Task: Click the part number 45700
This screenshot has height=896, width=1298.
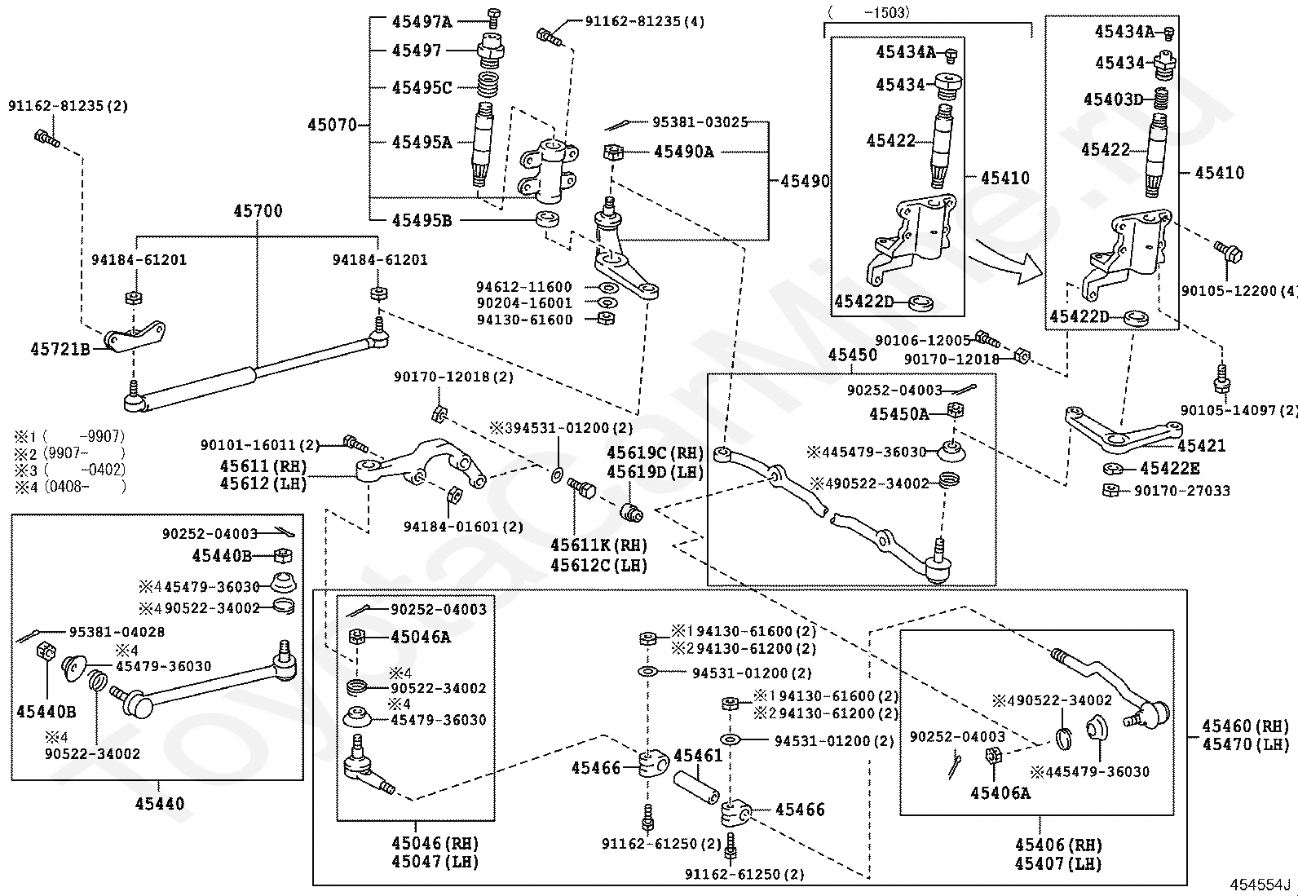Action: pyautogui.click(x=258, y=211)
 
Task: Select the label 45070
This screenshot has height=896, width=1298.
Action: pyautogui.click(x=332, y=126)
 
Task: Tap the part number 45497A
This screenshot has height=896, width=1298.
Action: pyautogui.click(x=421, y=21)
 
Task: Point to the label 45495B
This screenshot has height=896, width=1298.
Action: pyautogui.click(x=421, y=220)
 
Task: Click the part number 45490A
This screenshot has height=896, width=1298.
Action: pyautogui.click(x=683, y=152)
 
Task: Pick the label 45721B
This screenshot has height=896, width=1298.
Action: pyautogui.click(x=60, y=349)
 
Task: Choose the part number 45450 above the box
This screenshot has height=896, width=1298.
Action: pyautogui.click(x=853, y=355)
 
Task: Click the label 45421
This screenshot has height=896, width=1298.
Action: pyautogui.click(x=1201, y=446)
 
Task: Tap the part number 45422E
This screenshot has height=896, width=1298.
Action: pyautogui.click(x=1170, y=469)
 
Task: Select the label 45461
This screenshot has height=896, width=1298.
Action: pyautogui.click(x=698, y=756)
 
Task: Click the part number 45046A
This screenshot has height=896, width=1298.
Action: pyautogui.click(x=420, y=637)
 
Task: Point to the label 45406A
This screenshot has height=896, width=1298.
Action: pyautogui.click(x=1000, y=792)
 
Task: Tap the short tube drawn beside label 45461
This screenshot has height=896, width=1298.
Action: pyautogui.click(x=696, y=787)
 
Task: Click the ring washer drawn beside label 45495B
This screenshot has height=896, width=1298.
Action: pyautogui.click(x=547, y=218)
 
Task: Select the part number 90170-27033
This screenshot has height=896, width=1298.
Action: pyautogui.click(x=1181, y=491)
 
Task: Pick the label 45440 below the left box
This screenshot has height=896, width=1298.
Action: pyautogui.click(x=160, y=804)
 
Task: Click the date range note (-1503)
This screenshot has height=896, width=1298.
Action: pyautogui.click(x=868, y=12)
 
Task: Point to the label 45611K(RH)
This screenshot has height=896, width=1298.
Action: pyautogui.click(x=598, y=545)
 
